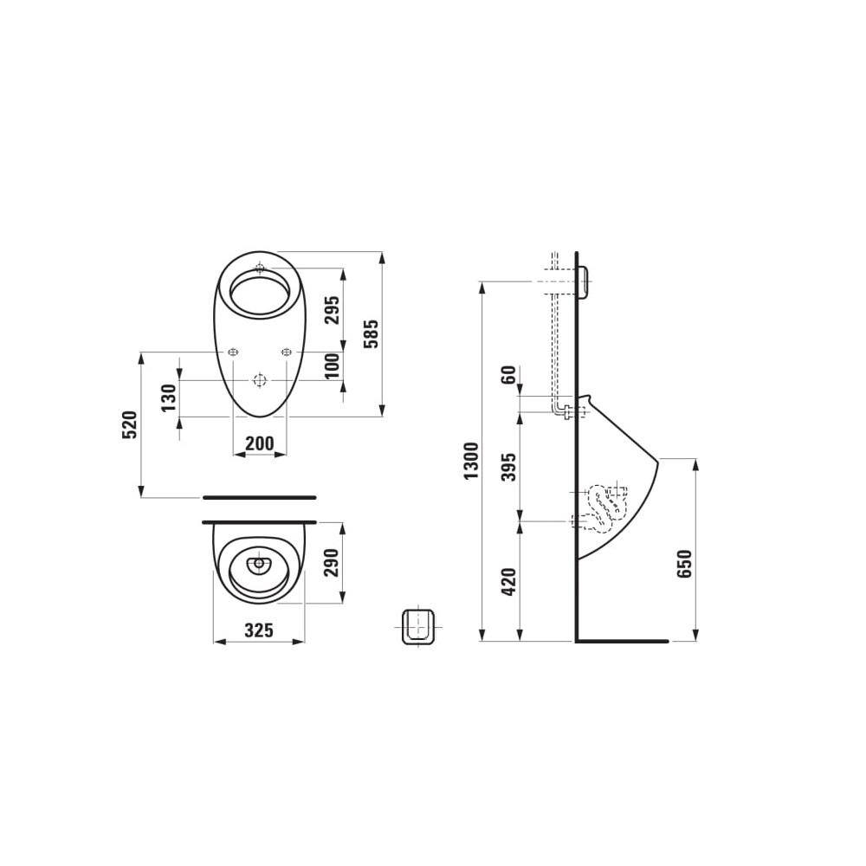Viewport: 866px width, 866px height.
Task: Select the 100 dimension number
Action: click(x=333, y=366)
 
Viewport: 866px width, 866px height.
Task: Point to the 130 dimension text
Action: click(x=170, y=397)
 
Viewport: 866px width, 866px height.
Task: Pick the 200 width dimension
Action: click(x=260, y=443)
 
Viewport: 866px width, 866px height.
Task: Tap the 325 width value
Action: click(x=259, y=630)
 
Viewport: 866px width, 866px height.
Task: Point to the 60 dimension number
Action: click(x=509, y=376)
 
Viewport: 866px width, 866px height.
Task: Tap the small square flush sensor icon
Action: click(x=417, y=624)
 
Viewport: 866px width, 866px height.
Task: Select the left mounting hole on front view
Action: click(x=232, y=352)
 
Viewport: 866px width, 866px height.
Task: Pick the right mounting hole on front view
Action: click(x=287, y=352)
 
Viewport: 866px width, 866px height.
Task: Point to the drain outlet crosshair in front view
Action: click(x=259, y=380)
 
